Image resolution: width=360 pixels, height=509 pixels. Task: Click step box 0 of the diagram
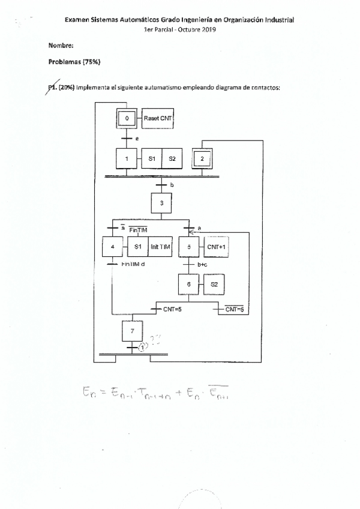(x=127, y=119)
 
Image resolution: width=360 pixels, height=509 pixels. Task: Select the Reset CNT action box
(x=157, y=119)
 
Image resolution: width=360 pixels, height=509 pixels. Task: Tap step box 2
(x=202, y=159)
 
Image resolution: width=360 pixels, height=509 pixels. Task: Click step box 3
(x=161, y=203)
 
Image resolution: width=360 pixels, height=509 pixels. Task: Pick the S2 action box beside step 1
(x=172, y=159)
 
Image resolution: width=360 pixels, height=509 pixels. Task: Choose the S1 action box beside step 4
(x=137, y=247)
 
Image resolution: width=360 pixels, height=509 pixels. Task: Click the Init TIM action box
(x=160, y=247)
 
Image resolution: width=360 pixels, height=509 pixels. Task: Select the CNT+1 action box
(x=217, y=247)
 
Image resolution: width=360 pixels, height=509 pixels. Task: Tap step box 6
(x=188, y=285)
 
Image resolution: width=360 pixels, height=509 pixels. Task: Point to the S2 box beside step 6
(x=214, y=285)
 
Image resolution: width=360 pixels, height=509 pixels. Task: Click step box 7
(x=133, y=330)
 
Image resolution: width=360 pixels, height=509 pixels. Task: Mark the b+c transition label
(x=203, y=264)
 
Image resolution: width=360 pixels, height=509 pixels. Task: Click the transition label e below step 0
(x=137, y=139)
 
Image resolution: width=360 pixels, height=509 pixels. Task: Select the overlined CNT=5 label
(x=233, y=309)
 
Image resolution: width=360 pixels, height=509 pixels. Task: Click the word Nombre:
(x=61, y=46)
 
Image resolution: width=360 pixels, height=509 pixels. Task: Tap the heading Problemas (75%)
(x=74, y=62)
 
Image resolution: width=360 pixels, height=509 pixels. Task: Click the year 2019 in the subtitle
(x=208, y=30)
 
